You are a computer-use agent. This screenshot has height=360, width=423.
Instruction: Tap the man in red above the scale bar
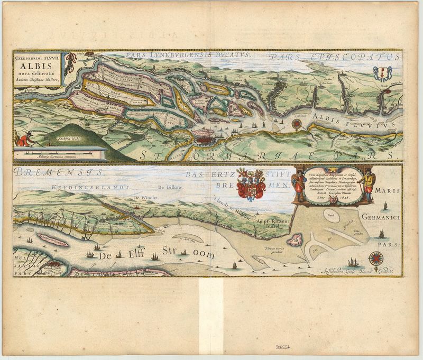coord(23,140)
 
